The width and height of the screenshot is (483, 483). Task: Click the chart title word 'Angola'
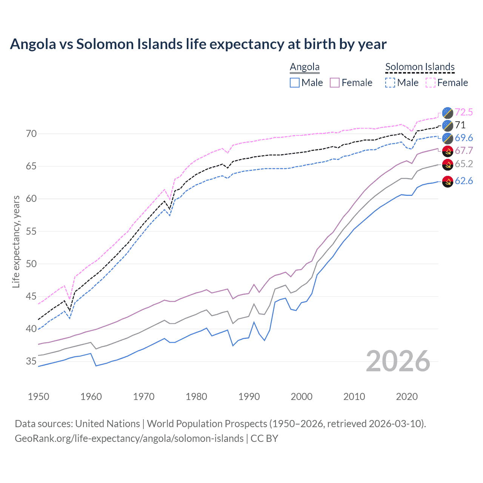[33, 44]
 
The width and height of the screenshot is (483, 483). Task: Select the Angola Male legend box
[295, 83]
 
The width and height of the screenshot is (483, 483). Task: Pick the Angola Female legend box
[335, 83]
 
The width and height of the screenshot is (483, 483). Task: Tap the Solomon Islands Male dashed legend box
[390, 83]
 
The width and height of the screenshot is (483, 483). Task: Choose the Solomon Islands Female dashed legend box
[431, 83]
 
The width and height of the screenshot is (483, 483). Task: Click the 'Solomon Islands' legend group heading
[420, 67]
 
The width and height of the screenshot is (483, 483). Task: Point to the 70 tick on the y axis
[31, 134]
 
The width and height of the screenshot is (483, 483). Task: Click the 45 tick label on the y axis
[31, 296]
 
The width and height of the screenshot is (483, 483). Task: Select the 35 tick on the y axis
[31, 361]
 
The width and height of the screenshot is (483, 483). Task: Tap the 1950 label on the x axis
[38, 397]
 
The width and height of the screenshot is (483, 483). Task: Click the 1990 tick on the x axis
[249, 397]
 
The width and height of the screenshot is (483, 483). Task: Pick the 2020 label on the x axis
[407, 397]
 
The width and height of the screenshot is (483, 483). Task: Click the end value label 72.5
[464, 112]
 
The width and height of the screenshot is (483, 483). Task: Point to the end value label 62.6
[464, 181]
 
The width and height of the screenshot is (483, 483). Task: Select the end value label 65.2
[464, 164]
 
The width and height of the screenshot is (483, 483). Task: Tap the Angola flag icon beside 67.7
[448, 151]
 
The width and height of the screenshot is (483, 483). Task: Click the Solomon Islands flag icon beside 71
[448, 125]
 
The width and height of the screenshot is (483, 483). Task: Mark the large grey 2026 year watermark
[398, 361]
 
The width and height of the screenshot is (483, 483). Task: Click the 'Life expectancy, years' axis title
[16, 241]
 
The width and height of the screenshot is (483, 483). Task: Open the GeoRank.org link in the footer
[129, 438]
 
